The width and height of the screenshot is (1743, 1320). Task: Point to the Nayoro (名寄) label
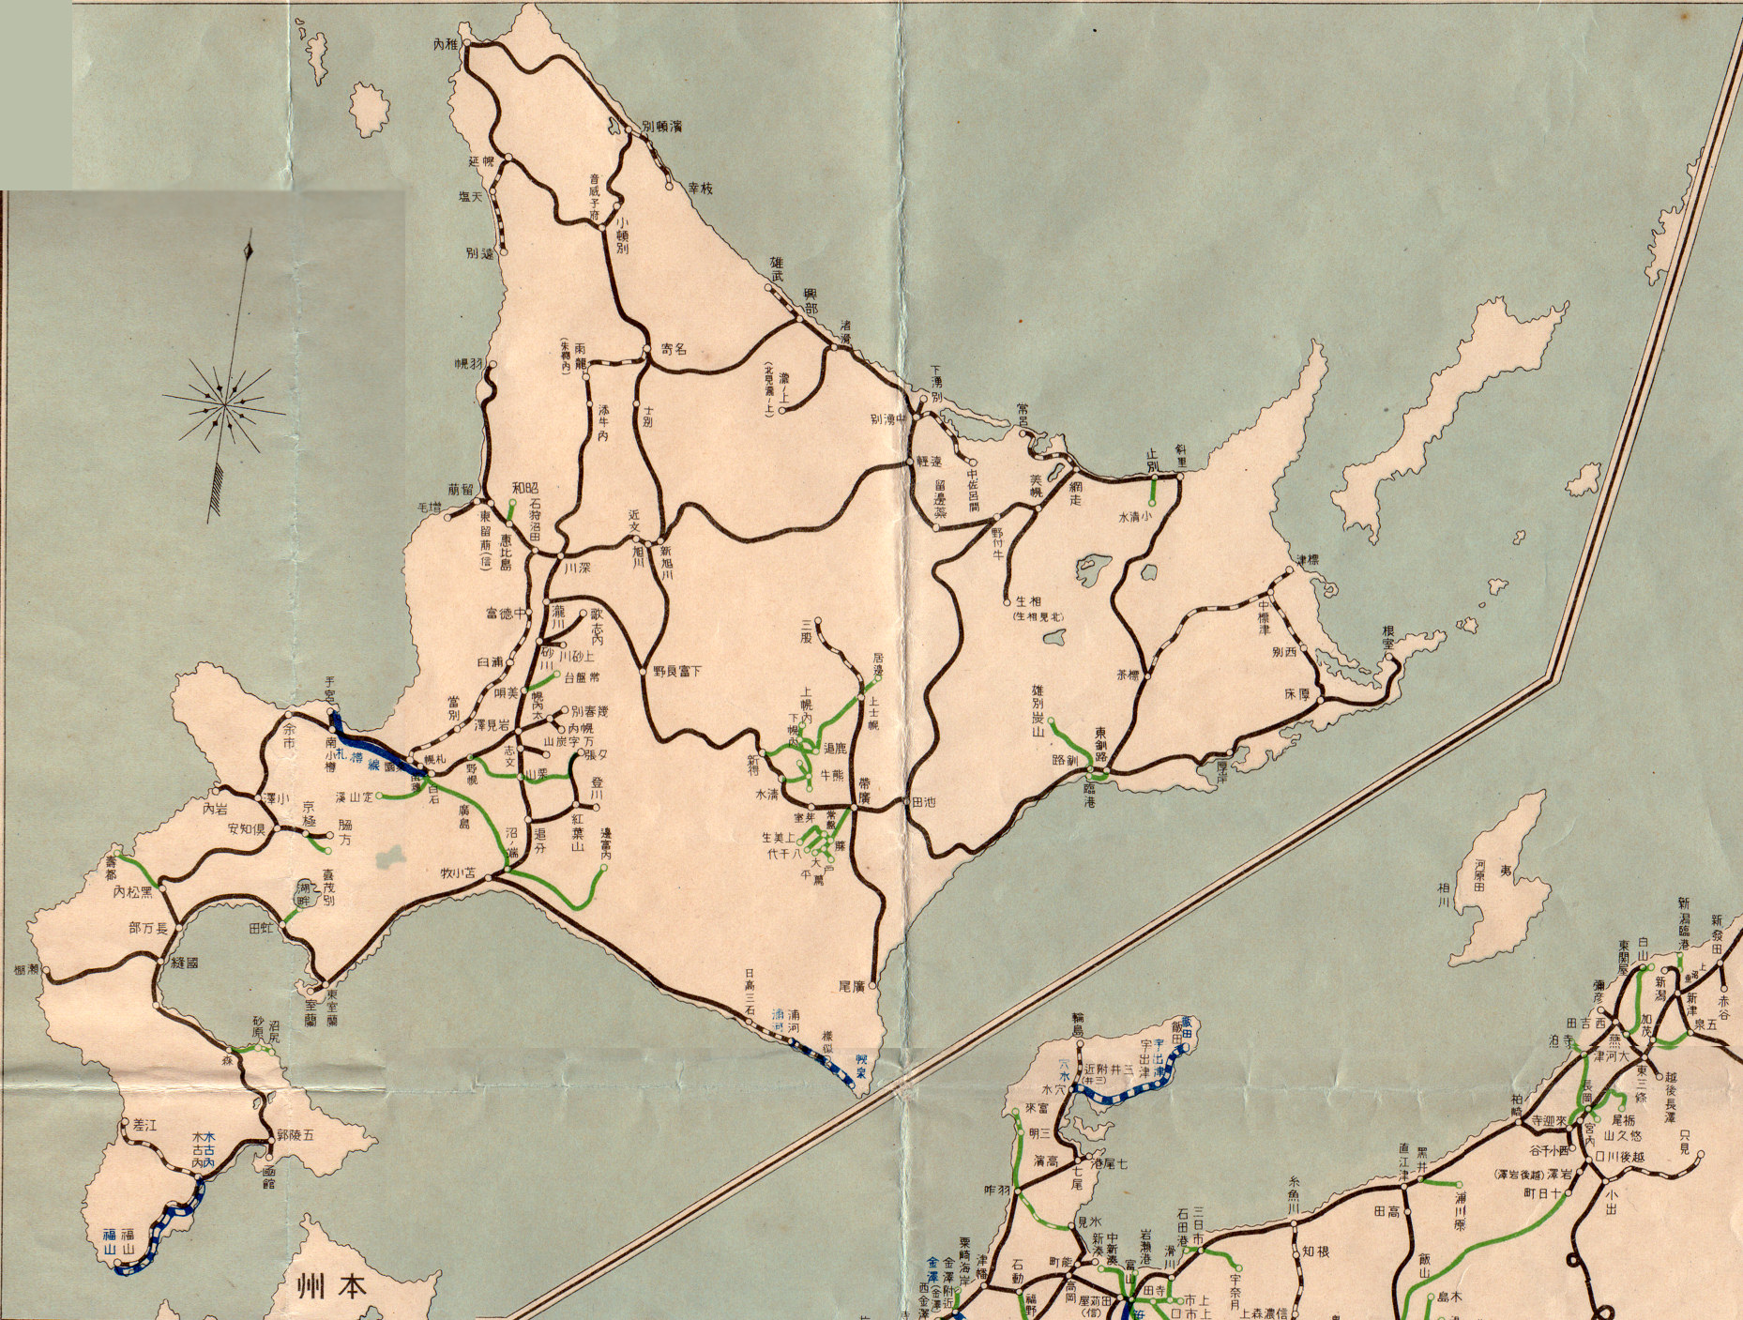tap(674, 349)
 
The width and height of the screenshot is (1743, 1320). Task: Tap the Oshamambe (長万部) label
tap(148, 928)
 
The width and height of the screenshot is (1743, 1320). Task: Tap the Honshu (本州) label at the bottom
tap(327, 1283)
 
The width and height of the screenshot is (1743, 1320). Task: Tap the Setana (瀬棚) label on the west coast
tap(27, 968)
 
